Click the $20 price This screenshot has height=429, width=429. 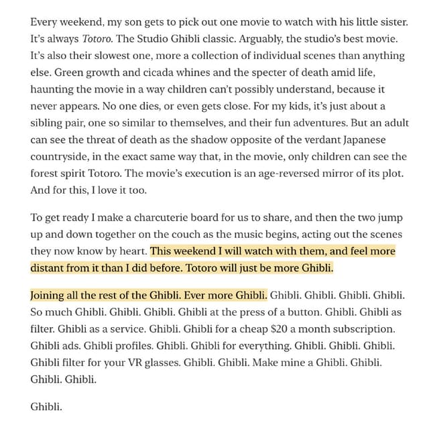[x=272, y=329]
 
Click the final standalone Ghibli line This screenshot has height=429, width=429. [x=46, y=407]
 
